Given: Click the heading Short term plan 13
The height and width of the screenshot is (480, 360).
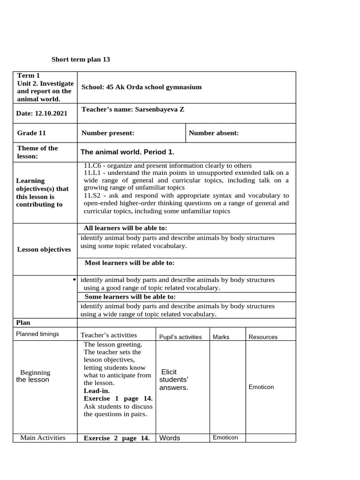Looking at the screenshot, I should pyautogui.click(x=80, y=60).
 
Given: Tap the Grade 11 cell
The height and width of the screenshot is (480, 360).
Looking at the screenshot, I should pyautogui.click(x=31, y=133).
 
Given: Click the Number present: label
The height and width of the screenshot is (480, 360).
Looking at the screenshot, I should pyautogui.click(x=108, y=133).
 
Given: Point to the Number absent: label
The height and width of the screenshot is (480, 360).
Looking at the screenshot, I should pyautogui.click(x=213, y=133).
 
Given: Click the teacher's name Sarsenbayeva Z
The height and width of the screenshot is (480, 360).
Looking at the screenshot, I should pyautogui.click(x=159, y=110).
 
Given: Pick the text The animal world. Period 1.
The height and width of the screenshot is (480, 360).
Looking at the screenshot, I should pyautogui.click(x=127, y=152).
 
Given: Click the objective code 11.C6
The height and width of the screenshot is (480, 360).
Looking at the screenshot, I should pyautogui.click(x=93, y=166).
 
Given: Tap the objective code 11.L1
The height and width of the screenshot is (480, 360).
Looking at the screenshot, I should pyautogui.click(x=93, y=173).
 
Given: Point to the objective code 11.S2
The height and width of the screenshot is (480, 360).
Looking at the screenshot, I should pyautogui.click(x=93, y=195).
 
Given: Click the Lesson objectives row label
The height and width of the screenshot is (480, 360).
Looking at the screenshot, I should pyautogui.click(x=44, y=249).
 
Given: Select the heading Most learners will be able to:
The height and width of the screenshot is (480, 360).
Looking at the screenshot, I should pyautogui.click(x=129, y=263).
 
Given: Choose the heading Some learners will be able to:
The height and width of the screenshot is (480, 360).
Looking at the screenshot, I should pyautogui.click(x=130, y=297).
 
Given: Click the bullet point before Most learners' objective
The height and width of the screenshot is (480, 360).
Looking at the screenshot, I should pyautogui.click(x=75, y=280).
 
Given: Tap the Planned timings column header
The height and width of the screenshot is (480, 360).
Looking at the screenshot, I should pyautogui.click(x=37, y=334).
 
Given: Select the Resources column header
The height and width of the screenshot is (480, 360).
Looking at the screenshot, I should pyautogui.click(x=263, y=337).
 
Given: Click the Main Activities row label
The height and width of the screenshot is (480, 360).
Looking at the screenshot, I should pyautogui.click(x=43, y=438).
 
